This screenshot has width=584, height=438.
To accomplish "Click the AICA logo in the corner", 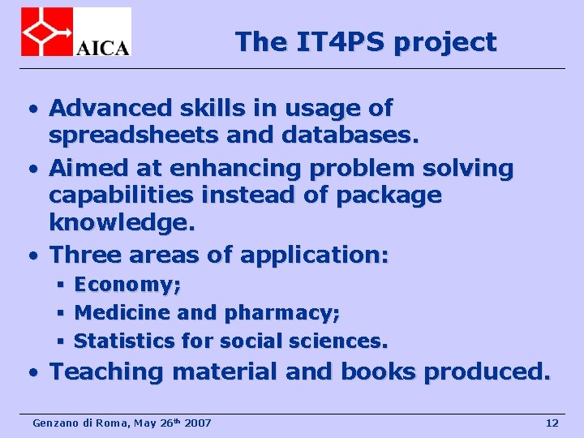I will pos(75,32).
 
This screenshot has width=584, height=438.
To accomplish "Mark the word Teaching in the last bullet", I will pos(106,371).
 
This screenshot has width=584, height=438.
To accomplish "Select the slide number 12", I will pos(552,423).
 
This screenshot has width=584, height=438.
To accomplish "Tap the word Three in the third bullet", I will pos(83,255).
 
